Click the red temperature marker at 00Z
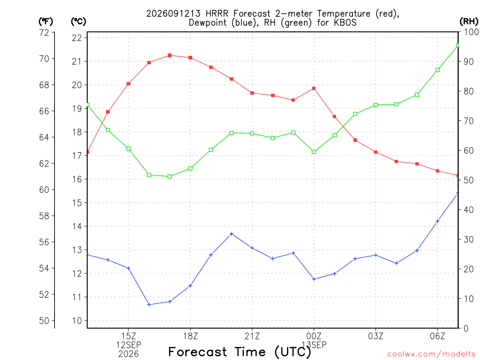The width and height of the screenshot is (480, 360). [x=314, y=89]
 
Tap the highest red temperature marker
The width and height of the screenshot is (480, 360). [x=170, y=55]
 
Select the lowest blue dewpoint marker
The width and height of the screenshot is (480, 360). [x=149, y=305]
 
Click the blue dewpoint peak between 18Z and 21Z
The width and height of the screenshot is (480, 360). [x=232, y=234]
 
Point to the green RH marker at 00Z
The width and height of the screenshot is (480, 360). [x=314, y=152]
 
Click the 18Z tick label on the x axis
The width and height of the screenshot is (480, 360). [x=190, y=336]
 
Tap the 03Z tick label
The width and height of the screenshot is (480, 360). [x=375, y=336]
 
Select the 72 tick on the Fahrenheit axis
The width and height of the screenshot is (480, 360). [x=45, y=32]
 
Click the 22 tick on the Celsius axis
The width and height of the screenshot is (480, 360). [x=77, y=37]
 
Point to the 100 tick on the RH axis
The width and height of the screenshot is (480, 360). [x=472, y=32]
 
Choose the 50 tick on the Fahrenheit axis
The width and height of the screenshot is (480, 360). [x=45, y=321]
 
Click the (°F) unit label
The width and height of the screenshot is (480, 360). [x=45, y=22]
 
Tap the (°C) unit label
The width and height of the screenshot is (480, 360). [x=78, y=22]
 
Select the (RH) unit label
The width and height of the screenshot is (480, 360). [x=469, y=22]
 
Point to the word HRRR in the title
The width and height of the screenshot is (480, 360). [x=217, y=14]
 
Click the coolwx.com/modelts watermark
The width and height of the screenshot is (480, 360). [x=431, y=354]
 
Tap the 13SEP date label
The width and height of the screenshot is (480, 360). [x=314, y=345]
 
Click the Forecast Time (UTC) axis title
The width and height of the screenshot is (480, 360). [x=240, y=352]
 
